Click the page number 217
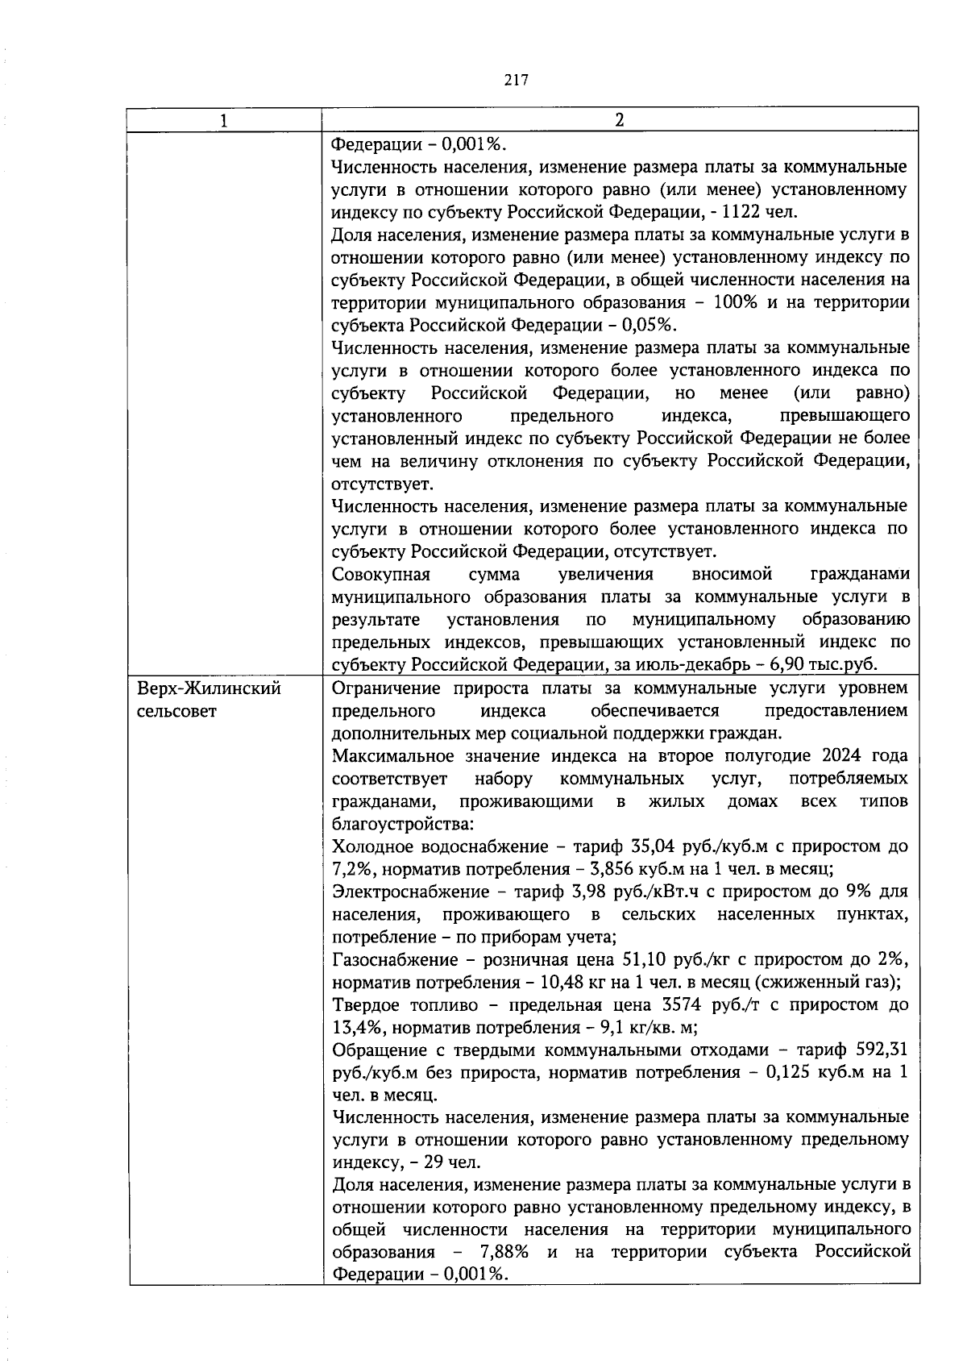(x=516, y=79)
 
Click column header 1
(x=224, y=120)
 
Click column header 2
(x=619, y=120)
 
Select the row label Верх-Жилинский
(x=209, y=689)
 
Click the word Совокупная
(x=381, y=575)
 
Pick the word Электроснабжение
(x=410, y=892)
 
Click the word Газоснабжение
(x=394, y=961)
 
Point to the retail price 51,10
(x=646, y=961)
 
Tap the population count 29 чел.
(x=453, y=1163)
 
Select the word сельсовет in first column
(x=176, y=713)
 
